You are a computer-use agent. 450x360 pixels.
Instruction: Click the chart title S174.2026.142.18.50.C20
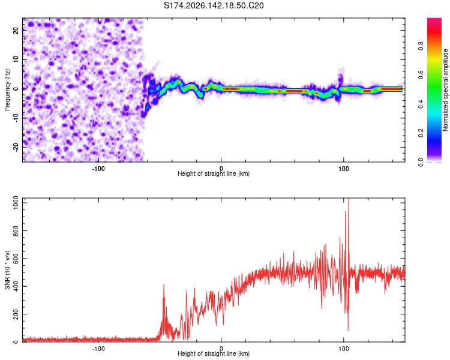click(x=214, y=5)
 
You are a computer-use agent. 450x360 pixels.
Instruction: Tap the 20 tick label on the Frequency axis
click(x=16, y=31)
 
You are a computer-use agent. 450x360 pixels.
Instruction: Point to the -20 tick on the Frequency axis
click(x=16, y=147)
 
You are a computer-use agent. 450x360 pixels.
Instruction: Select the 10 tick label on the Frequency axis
click(x=16, y=59)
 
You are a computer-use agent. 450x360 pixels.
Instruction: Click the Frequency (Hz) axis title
click(x=7, y=90)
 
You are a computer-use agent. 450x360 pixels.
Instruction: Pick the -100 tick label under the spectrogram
click(x=98, y=169)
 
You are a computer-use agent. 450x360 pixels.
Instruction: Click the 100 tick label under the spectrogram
click(x=344, y=169)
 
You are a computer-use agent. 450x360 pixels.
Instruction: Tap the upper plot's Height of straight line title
click(x=214, y=173)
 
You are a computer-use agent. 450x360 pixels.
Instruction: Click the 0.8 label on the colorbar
click(x=421, y=46)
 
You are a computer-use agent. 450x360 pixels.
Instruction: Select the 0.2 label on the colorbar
click(x=421, y=133)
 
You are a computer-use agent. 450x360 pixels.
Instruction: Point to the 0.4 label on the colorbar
click(x=421, y=104)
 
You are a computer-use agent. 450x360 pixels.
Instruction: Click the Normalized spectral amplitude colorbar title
click(x=445, y=90)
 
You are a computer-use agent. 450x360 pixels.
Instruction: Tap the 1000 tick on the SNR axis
click(x=16, y=203)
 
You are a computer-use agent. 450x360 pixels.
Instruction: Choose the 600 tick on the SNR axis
click(x=16, y=259)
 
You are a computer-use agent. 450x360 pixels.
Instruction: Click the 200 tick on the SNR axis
click(x=16, y=314)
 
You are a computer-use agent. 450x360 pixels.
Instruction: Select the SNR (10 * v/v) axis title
click(x=7, y=270)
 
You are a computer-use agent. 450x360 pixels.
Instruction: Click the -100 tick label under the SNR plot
click(x=98, y=349)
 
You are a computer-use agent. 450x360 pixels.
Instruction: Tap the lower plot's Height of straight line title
click(x=214, y=353)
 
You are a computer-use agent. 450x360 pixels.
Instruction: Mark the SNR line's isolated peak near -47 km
click(x=164, y=284)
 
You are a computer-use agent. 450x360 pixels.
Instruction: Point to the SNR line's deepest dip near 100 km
click(x=348, y=331)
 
